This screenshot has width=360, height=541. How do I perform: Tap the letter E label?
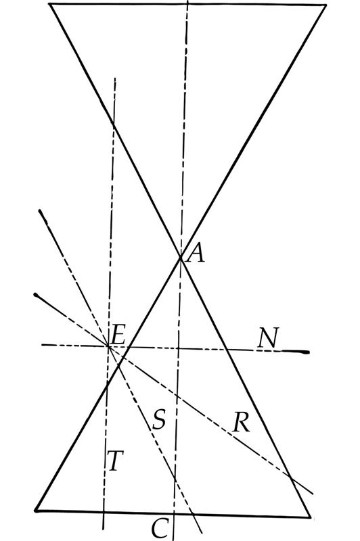118,335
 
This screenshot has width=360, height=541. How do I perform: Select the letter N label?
268,338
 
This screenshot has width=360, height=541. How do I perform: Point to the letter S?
159,419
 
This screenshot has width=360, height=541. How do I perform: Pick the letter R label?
242,422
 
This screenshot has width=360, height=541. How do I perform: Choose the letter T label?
115,461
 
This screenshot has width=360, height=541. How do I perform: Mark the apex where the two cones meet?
181,257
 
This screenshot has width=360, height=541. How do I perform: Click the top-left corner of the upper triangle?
50,4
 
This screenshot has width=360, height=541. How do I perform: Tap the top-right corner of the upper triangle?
325,5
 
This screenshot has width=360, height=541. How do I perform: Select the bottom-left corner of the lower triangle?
37,510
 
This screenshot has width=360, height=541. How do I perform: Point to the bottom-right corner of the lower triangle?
310,517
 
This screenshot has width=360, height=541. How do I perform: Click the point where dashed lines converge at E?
108,346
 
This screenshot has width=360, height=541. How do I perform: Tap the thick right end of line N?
307,352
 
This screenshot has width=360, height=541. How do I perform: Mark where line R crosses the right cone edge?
290,478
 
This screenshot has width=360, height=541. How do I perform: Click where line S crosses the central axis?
175,479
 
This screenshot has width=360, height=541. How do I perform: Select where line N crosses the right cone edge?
227,350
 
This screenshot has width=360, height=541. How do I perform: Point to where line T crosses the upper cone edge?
113,123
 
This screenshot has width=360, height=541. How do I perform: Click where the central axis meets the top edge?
187,5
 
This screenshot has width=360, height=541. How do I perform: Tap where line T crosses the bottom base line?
104,512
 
